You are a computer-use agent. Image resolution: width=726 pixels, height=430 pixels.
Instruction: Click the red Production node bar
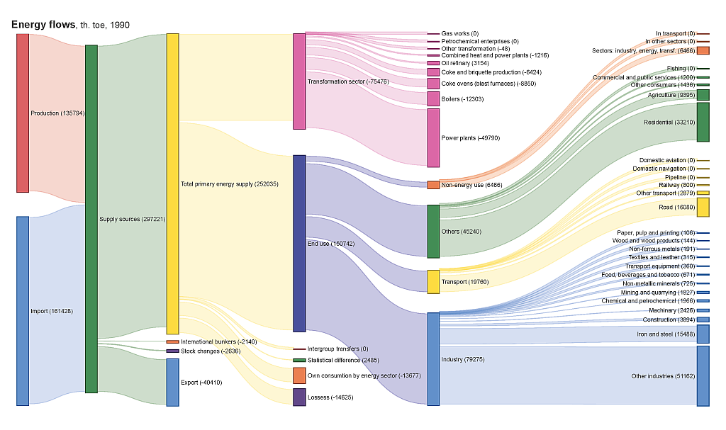pyautogui.click(x=23, y=113)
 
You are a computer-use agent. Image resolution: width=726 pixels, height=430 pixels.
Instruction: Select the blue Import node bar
pyautogui.click(x=23, y=310)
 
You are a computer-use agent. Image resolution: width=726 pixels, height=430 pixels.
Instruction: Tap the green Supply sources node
pyautogui.click(x=91, y=219)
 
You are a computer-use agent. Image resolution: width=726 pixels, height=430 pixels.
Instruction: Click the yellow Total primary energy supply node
pyautogui.click(x=172, y=183)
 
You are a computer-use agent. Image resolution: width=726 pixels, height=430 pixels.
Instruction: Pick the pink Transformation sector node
pyautogui.click(x=299, y=81)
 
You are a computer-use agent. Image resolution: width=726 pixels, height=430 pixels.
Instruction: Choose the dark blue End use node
pyautogui.click(x=299, y=243)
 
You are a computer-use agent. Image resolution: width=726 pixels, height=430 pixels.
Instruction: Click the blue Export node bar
pyautogui.click(x=172, y=382)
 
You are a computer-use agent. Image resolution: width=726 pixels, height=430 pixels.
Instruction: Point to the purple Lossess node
pyautogui.click(x=299, y=397)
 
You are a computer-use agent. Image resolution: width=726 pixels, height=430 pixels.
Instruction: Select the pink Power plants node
pyautogui.click(x=433, y=137)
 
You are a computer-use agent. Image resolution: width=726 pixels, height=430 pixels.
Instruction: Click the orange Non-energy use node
pyautogui.click(x=433, y=185)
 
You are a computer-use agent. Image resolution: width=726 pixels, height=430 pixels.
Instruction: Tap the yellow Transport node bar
pyautogui.click(x=433, y=281)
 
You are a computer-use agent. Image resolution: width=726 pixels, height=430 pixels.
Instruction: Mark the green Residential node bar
pyautogui.click(x=703, y=122)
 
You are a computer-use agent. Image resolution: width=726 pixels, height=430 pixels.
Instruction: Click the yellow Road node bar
pyautogui.click(x=703, y=207)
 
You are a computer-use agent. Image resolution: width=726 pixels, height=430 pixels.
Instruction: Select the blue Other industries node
pyautogui.click(x=703, y=376)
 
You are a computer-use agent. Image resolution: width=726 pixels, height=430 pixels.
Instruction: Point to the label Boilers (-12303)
pyautogui.click(x=462, y=98)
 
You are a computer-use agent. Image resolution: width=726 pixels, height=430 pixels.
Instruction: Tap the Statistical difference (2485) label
pyautogui.click(x=343, y=360)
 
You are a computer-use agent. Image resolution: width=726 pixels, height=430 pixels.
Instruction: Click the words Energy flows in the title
pyautogui.click(x=43, y=25)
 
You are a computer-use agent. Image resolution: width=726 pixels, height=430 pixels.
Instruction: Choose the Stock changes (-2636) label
pyautogui.click(x=211, y=351)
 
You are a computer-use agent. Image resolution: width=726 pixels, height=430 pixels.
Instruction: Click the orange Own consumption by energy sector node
pyautogui.click(x=299, y=375)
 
